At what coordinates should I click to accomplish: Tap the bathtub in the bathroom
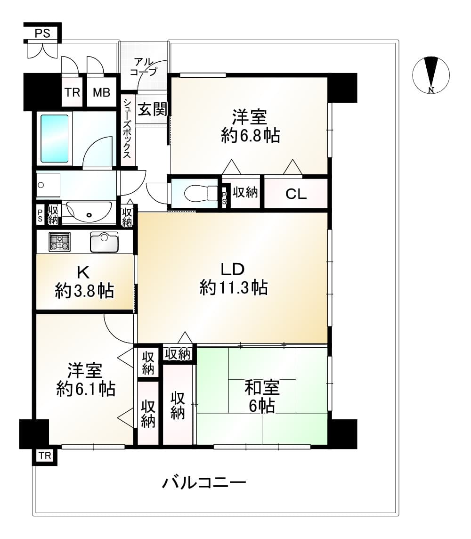click(54, 139)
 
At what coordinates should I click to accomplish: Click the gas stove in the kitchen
click(59, 242)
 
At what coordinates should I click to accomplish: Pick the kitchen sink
click(104, 242)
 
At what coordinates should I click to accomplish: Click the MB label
click(101, 92)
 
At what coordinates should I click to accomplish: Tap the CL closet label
click(296, 194)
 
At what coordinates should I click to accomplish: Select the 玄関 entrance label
click(153, 109)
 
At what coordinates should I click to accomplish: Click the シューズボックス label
click(127, 129)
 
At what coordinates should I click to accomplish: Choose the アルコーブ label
click(144, 67)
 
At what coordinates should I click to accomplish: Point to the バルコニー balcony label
click(204, 482)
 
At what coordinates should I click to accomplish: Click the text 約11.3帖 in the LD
click(234, 287)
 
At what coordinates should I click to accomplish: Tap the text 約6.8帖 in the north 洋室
click(250, 135)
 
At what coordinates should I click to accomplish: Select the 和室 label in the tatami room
click(262, 388)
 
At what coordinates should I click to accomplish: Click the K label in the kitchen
click(83, 273)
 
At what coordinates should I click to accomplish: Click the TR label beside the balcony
click(45, 456)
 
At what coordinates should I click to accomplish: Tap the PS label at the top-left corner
click(42, 33)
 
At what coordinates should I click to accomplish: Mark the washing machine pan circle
click(41, 185)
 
